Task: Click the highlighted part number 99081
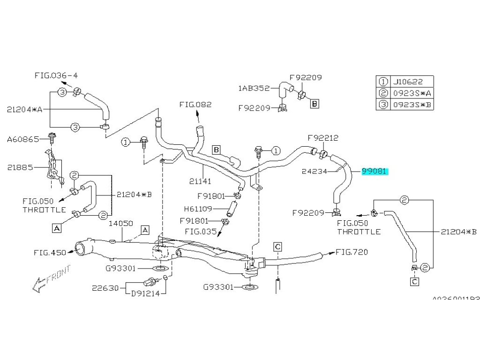[374, 172]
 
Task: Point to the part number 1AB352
[254, 87]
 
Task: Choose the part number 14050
[121, 224]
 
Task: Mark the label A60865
[23, 139]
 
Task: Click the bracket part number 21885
[19, 167]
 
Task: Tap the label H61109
[197, 209]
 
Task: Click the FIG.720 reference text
[352, 252]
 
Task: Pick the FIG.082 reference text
[195, 105]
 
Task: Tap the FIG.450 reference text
[50, 252]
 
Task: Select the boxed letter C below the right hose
[415, 282]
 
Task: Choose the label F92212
[323, 138]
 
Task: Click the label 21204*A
[25, 109]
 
